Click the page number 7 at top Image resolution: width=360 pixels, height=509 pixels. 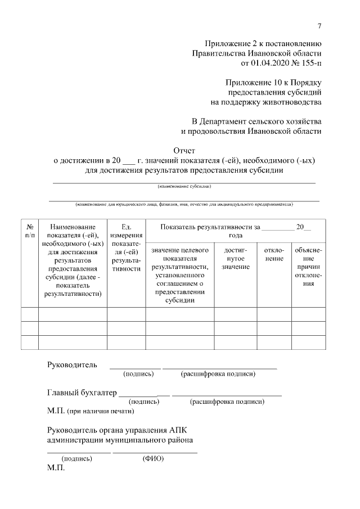coord(319,25)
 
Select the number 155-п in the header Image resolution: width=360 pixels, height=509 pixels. coord(309,63)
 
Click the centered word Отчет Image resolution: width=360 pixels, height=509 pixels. coord(184,150)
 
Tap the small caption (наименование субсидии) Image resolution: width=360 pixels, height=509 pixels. coord(184,186)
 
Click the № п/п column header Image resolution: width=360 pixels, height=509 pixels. coord(30,230)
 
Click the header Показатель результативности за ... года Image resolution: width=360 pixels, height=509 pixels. coord(236,231)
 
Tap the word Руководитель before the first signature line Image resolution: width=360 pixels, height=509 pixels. coord(72,364)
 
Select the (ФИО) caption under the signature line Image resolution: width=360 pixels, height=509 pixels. coord(153,458)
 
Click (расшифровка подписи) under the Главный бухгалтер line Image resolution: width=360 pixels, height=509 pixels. coord(227,402)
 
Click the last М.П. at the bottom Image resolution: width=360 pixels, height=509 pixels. coord(56,468)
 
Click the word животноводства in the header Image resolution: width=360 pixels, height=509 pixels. coord(287,102)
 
